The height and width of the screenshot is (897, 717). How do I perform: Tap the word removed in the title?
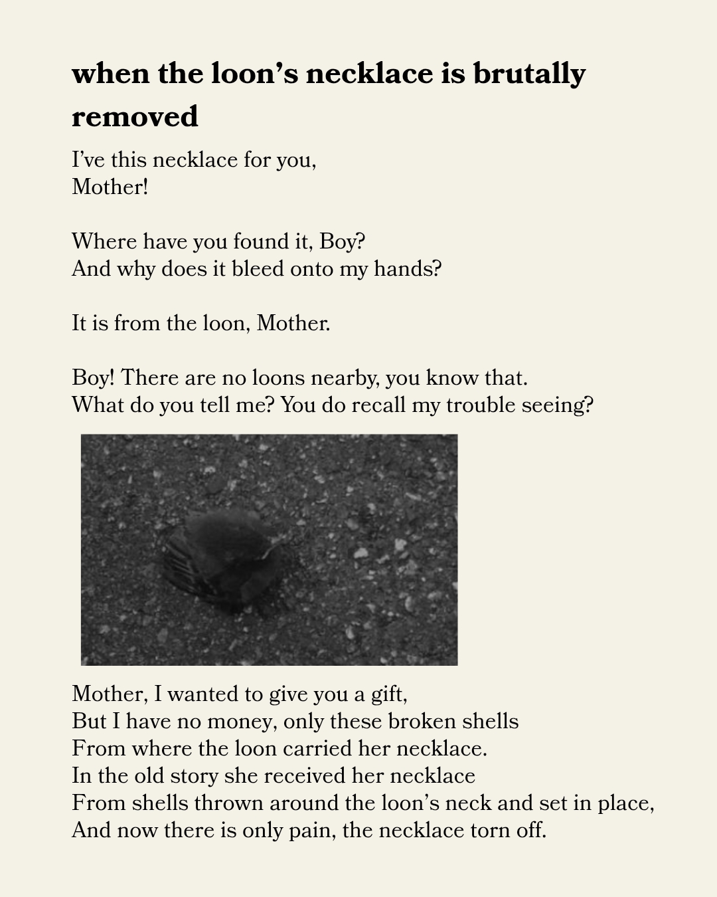tap(135, 117)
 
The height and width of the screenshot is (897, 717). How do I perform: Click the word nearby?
tap(345, 378)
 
